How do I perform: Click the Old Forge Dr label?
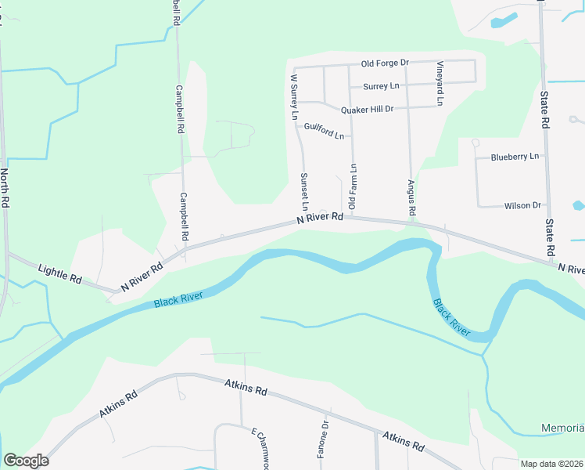[385, 63]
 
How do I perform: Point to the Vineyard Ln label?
[440, 83]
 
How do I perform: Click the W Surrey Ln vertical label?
[295, 96]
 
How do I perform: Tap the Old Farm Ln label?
[353, 186]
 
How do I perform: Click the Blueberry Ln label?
[515, 157]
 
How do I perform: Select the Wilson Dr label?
[522, 205]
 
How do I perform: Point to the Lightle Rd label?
[59, 273]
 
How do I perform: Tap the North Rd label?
[5, 188]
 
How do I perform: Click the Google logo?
[26, 461]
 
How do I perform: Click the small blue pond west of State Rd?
[502, 20]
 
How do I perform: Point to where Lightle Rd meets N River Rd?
[117, 291]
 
